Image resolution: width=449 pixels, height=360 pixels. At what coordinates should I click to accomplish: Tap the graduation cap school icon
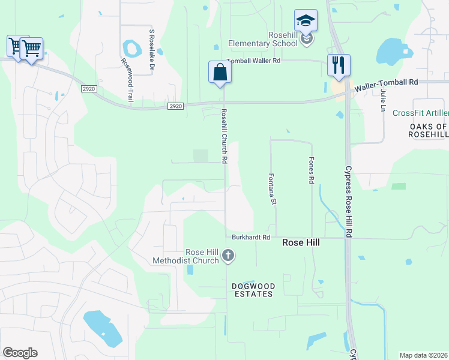[306, 20]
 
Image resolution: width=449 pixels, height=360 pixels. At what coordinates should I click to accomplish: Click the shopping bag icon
[220, 72]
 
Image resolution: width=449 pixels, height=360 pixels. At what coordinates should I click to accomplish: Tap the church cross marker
[228, 257]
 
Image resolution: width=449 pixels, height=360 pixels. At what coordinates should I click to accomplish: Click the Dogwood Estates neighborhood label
[253, 290]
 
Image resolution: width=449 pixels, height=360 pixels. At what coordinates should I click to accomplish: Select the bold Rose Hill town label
[301, 242]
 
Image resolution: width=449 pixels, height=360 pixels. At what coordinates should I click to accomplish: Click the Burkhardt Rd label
[251, 238]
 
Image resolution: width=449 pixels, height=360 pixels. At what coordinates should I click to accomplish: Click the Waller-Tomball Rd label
[386, 85]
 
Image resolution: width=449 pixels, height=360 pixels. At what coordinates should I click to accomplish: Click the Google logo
[20, 353]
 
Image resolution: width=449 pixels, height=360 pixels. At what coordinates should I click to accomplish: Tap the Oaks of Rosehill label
[429, 131]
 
